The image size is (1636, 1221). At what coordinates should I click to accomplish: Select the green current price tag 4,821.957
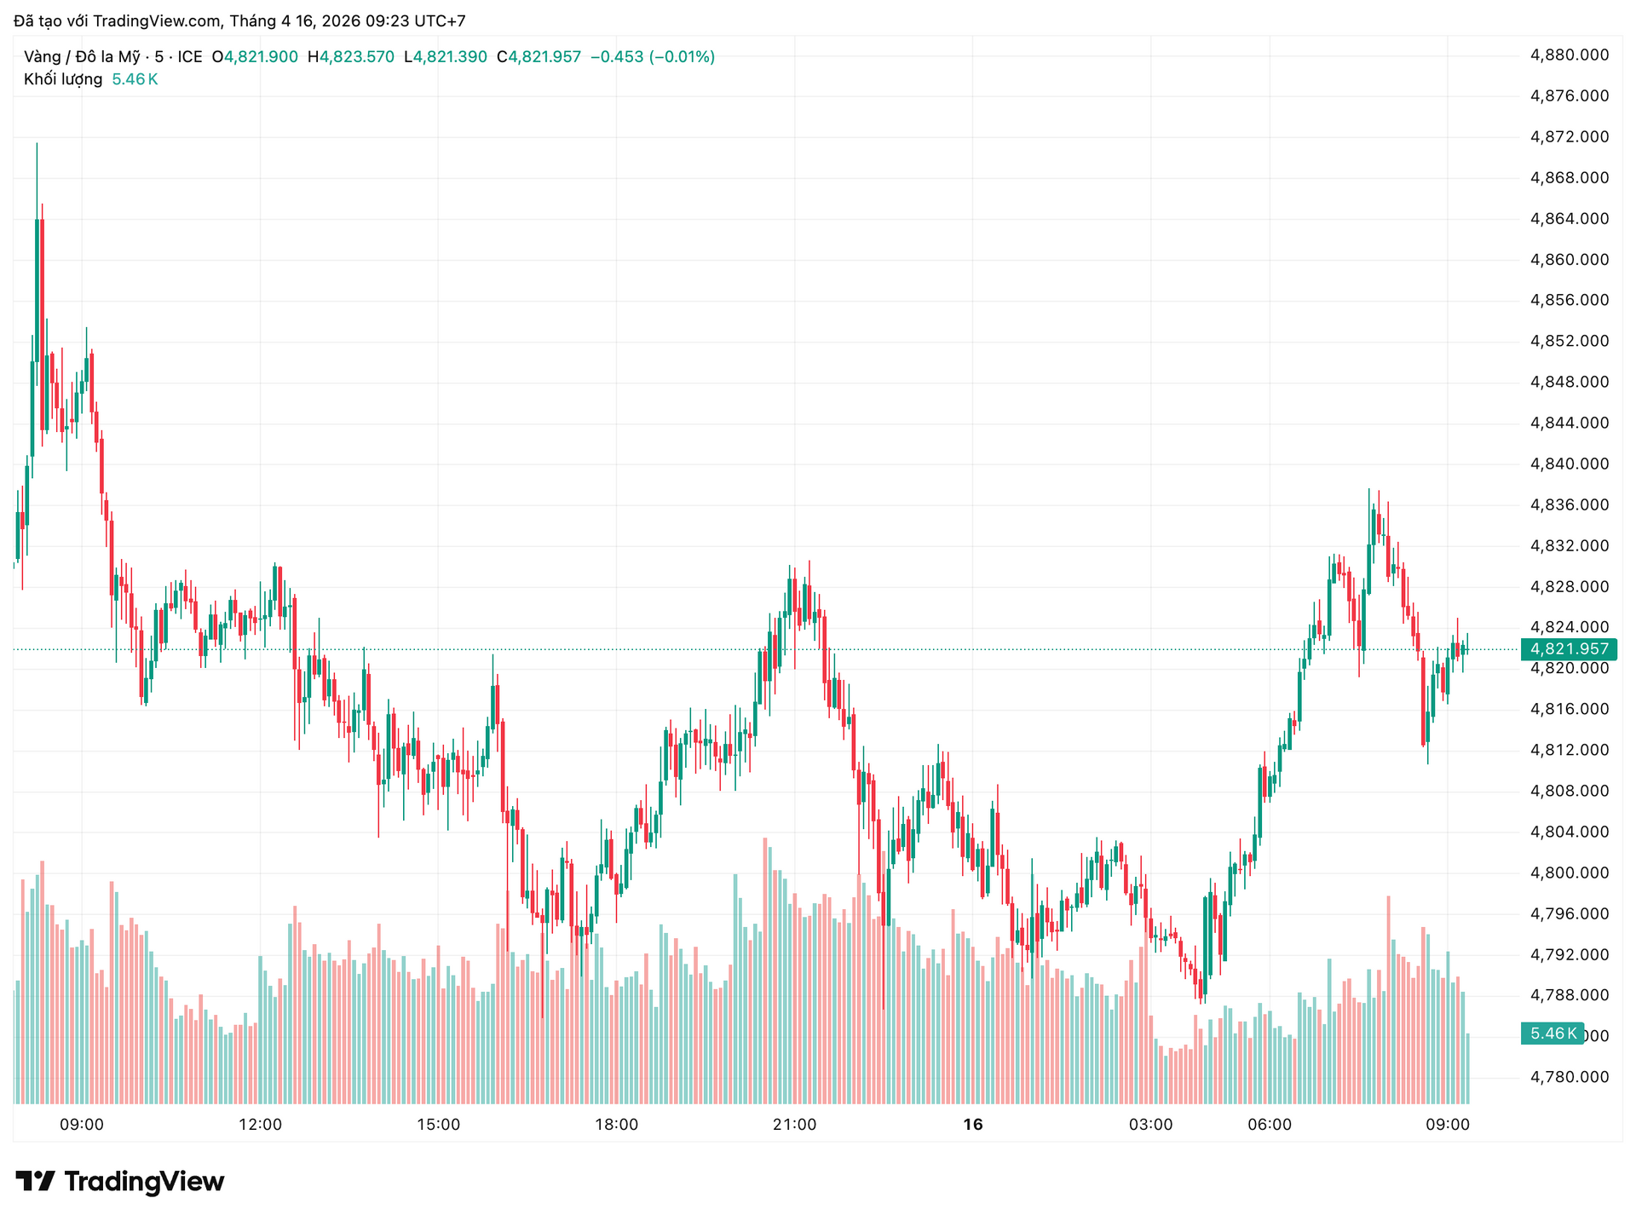(1569, 649)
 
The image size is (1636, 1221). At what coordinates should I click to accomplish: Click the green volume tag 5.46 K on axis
(1551, 1034)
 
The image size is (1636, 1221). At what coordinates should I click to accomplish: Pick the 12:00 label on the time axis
(260, 1125)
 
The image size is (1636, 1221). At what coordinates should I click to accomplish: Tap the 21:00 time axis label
(794, 1125)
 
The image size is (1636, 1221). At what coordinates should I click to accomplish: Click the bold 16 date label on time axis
(972, 1125)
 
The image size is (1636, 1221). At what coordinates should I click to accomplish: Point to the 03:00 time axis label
(1150, 1125)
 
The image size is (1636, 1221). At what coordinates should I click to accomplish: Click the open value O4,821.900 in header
(255, 57)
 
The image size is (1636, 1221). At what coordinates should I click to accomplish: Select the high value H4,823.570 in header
(350, 57)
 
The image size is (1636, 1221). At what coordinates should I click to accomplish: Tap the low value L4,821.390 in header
(445, 57)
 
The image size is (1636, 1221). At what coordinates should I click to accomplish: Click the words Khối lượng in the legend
(63, 79)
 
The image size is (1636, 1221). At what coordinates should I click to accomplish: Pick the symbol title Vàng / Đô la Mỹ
(82, 57)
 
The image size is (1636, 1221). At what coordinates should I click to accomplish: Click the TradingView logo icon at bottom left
(35, 1181)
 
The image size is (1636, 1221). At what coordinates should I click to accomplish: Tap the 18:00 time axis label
(616, 1125)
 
